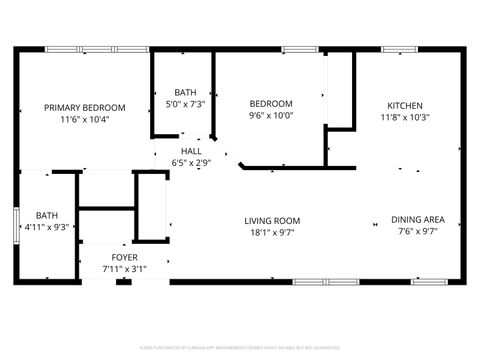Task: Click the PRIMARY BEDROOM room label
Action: [84, 107]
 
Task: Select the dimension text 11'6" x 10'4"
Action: [84, 119]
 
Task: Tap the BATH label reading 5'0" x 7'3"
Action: [185, 91]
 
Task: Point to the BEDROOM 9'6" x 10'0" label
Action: [270, 103]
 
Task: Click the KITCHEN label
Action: [405, 105]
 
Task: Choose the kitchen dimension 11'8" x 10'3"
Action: [405, 117]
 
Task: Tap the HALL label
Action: [191, 151]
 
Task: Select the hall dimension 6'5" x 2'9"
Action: [191, 162]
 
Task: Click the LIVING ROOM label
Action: [272, 221]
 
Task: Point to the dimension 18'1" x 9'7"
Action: [272, 233]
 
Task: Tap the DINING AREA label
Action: [418, 221]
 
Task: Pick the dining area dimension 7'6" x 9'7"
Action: [418, 233]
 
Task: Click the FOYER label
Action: [125, 257]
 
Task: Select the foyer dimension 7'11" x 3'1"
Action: [125, 269]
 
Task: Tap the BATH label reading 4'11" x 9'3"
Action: [47, 215]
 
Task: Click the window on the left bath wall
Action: [15, 220]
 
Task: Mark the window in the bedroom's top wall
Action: [299, 49]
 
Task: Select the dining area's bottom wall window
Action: [428, 282]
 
